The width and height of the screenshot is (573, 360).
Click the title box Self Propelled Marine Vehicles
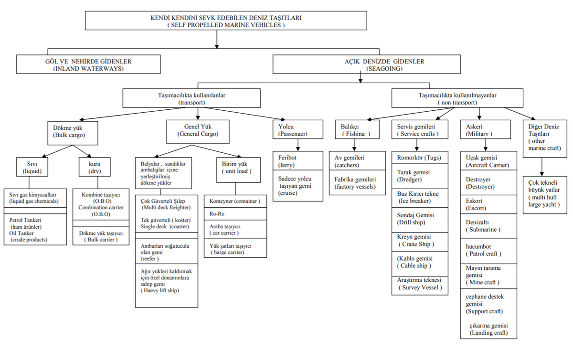pos(226,21)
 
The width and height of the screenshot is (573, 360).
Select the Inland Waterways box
pos(88,64)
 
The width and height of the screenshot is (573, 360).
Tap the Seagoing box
pos(367,64)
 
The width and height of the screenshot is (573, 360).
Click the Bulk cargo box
pos(73,133)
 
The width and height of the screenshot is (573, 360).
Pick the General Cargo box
pos(198,132)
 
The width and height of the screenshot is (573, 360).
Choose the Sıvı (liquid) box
pos(32,167)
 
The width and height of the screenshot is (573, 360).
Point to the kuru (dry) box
pos(95,167)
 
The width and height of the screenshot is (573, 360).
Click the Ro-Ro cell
pos(235,213)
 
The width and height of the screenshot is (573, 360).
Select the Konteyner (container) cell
pos(235,201)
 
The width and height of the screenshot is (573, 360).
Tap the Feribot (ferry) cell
pos(298,161)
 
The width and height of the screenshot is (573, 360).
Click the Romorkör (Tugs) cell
pos(420,158)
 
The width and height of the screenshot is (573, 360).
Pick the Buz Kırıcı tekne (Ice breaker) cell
pos(420,198)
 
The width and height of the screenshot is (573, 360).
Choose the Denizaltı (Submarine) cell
pos(488,226)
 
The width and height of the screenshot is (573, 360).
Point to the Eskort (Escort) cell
pos(488,204)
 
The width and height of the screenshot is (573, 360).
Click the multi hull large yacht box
pos(545,195)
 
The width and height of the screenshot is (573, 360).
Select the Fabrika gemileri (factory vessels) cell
pos(357,182)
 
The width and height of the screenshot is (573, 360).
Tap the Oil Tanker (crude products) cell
pos(35,229)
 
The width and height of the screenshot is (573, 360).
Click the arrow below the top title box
pos(217,39)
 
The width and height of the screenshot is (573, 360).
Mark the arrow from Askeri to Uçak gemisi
pos(486,145)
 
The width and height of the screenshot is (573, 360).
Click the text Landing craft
pos(488,333)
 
